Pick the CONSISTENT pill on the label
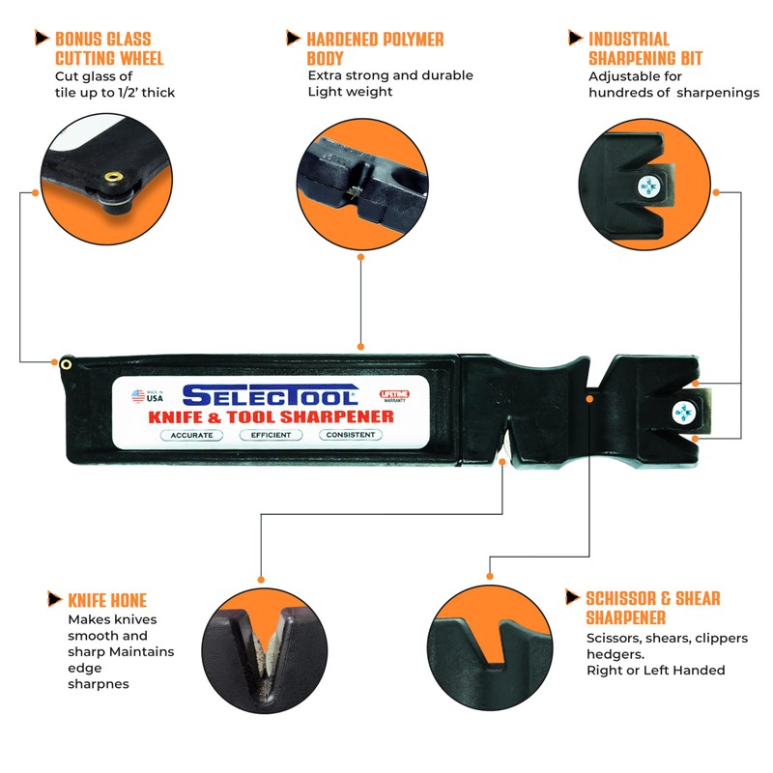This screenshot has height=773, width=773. point(350,435)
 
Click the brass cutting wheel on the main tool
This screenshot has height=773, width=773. point(66,363)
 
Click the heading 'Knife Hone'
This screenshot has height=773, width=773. point(107,600)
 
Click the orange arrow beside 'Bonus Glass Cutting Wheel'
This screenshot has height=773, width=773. point(42,38)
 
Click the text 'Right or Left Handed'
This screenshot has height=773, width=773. point(655,670)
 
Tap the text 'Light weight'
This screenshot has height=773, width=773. point(351,92)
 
